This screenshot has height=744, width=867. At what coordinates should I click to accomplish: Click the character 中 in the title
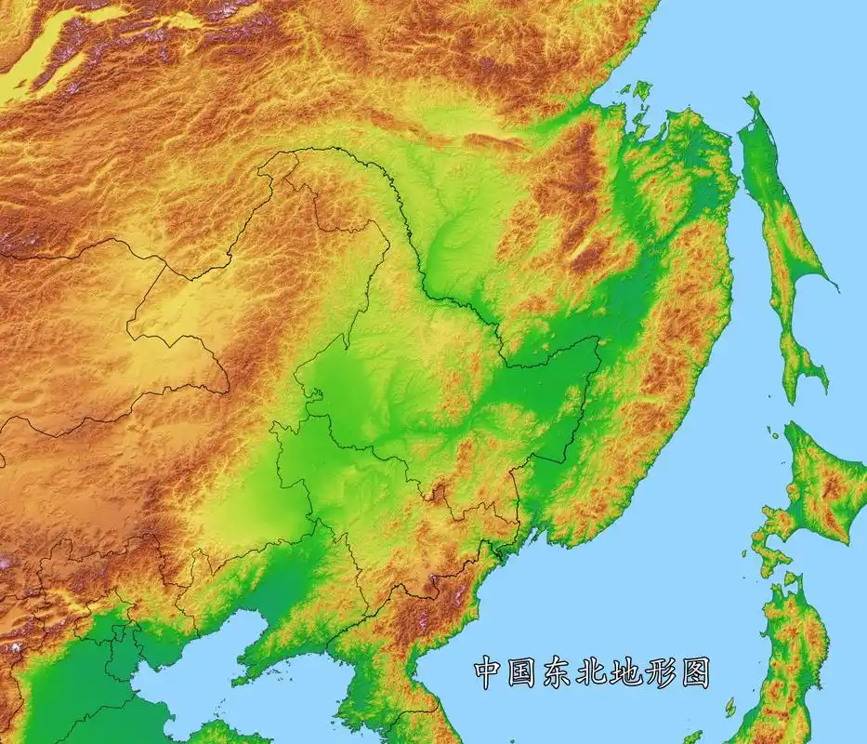coord(490,671)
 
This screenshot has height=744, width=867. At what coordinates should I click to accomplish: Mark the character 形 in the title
coord(660,671)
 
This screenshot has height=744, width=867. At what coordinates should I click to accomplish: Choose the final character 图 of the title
coord(693,671)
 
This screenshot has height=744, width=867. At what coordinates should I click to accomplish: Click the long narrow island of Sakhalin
coord(779,232)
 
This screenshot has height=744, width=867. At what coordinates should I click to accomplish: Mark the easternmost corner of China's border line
coord(599,339)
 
